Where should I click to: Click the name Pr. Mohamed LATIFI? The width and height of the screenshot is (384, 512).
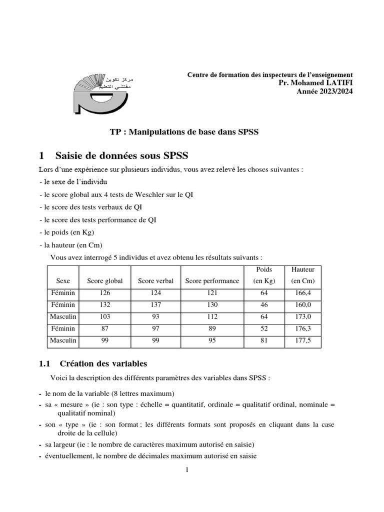point(315,82)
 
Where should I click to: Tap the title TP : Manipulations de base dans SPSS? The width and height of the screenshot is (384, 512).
point(184,132)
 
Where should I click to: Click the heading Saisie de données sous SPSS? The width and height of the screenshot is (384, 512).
point(122,155)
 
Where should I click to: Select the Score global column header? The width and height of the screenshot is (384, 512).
point(105,281)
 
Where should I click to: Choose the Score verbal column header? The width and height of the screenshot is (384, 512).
point(155,281)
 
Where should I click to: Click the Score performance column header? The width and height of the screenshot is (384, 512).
point(212,281)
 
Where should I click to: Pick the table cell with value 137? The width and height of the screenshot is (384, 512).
point(155,304)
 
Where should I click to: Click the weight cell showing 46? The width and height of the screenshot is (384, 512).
point(264,304)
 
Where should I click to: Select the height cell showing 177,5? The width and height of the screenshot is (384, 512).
point(302,340)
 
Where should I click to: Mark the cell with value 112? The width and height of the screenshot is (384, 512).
point(212,316)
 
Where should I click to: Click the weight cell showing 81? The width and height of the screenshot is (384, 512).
point(264,340)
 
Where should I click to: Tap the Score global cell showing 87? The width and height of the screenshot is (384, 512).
point(105,328)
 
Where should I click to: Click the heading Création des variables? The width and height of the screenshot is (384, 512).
point(103,363)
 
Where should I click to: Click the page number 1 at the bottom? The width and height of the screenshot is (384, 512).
point(187,470)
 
